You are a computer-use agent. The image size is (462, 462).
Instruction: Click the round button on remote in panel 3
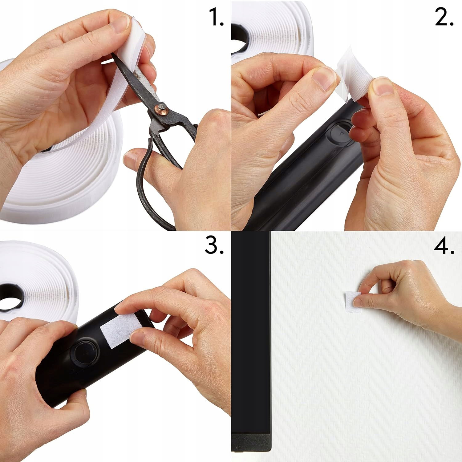(84, 352)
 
